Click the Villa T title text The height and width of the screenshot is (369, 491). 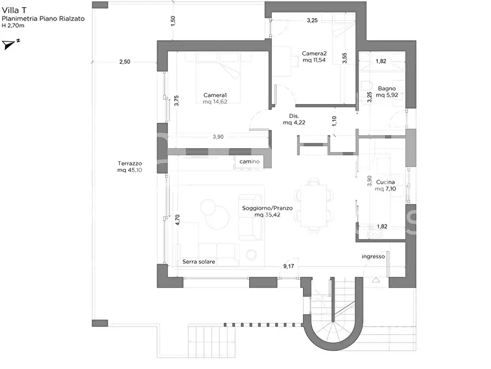[x=14, y=10]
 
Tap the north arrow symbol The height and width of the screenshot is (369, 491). [x=10, y=44]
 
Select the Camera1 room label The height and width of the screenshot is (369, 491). [x=215, y=95]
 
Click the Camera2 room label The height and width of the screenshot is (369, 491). [x=314, y=53]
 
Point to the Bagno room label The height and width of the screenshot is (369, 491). [x=387, y=89]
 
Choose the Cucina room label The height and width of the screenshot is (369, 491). [x=385, y=182]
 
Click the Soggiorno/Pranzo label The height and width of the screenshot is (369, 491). [x=267, y=208]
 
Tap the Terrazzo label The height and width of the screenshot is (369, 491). [x=130, y=164]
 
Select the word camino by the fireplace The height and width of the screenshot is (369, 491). [x=250, y=161]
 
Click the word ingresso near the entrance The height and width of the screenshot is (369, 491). [x=373, y=257]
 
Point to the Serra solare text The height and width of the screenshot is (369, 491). [x=199, y=262]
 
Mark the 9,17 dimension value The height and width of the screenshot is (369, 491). [x=289, y=266]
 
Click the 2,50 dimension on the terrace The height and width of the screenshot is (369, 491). [x=125, y=62]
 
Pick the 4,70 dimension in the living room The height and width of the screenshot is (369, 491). [x=178, y=220]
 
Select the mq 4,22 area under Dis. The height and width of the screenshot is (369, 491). [x=294, y=123]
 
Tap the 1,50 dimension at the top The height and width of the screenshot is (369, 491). [x=173, y=21]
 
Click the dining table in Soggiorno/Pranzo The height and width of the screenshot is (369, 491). [x=313, y=205]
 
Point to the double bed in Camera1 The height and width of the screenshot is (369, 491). [x=219, y=78]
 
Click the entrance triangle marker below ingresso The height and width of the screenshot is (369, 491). [x=376, y=280]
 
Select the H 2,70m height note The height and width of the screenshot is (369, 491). [x=13, y=25]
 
